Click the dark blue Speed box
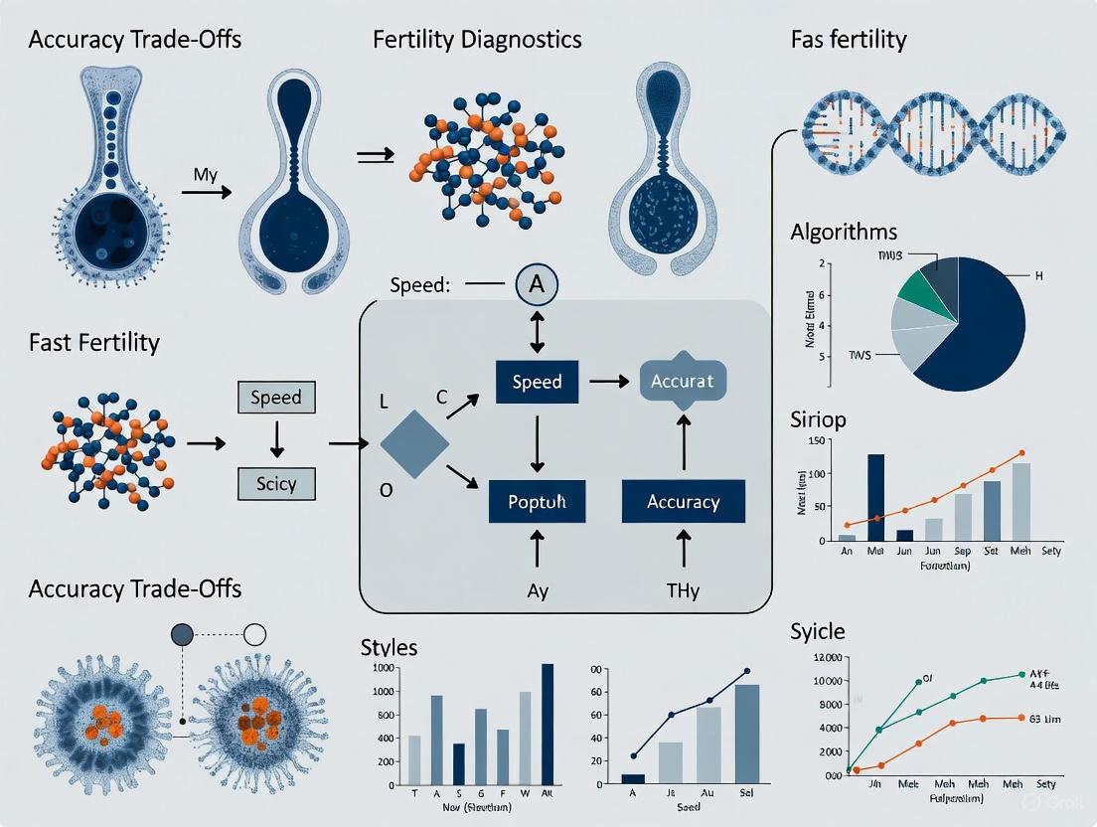click(537, 381)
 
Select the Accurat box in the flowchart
click(683, 381)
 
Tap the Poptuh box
click(537, 501)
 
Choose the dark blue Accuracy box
click(683, 501)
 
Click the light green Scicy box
click(276, 484)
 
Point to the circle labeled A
click(538, 285)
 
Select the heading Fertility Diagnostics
click(477, 41)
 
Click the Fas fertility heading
click(849, 41)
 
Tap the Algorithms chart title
click(844, 233)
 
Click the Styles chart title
click(389, 647)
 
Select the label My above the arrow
click(206, 175)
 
